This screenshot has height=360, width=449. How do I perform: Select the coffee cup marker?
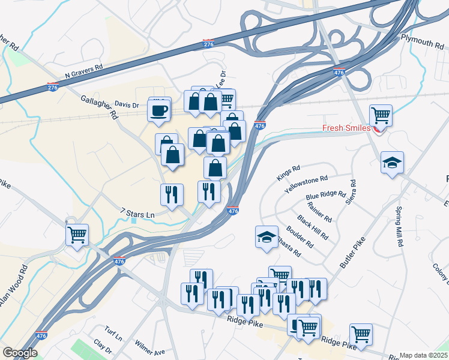click(159, 110)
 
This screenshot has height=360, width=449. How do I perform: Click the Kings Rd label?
click(288, 173)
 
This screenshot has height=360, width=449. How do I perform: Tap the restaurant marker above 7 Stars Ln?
click(172, 194)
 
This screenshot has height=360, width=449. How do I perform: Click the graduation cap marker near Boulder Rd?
click(267, 236)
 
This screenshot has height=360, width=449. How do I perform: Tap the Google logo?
click(19, 353)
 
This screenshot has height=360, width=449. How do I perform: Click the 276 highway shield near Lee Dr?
click(208, 44)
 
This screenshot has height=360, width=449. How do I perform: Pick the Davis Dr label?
click(127, 104)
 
